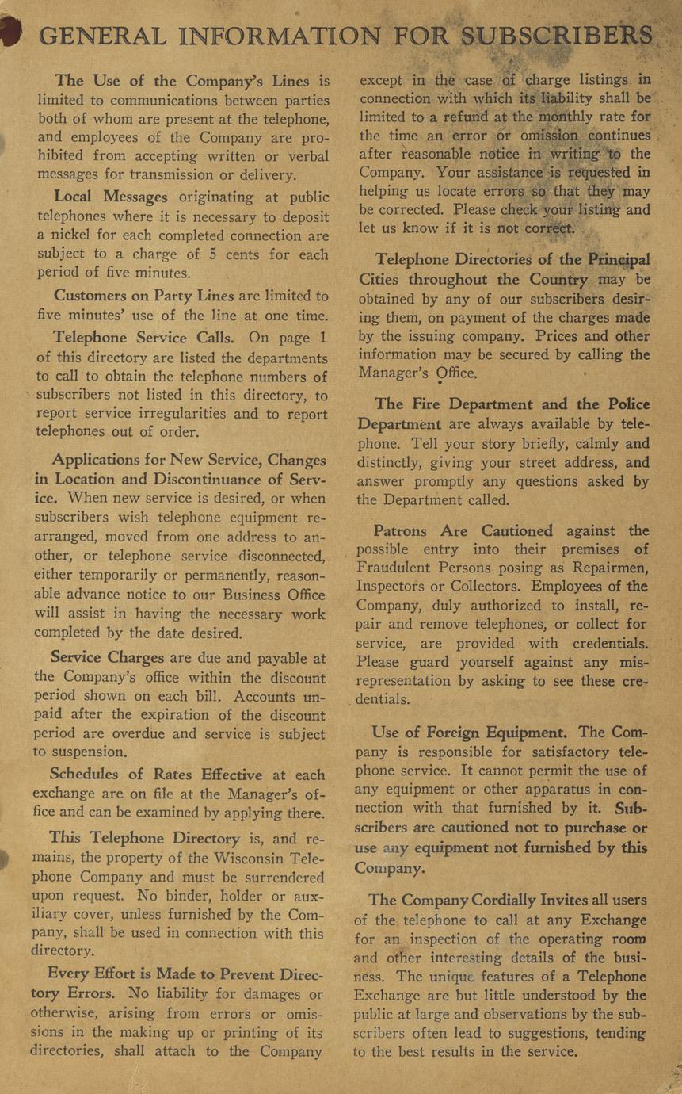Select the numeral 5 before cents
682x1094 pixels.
pyautogui.click(x=208, y=254)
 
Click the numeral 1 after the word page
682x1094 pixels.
pyautogui.click(x=323, y=338)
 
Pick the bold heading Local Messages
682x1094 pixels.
pyautogui.click(x=110, y=197)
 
